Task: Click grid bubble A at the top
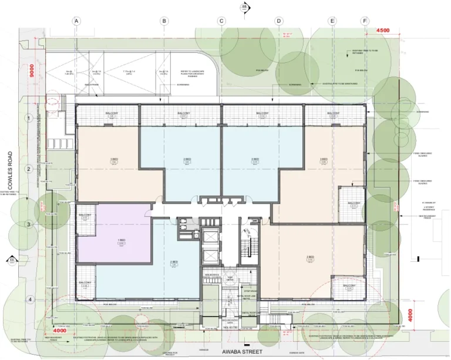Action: (76, 21)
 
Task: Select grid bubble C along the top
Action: (221, 21)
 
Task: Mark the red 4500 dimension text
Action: (383, 30)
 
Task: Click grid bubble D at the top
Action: (278, 21)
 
